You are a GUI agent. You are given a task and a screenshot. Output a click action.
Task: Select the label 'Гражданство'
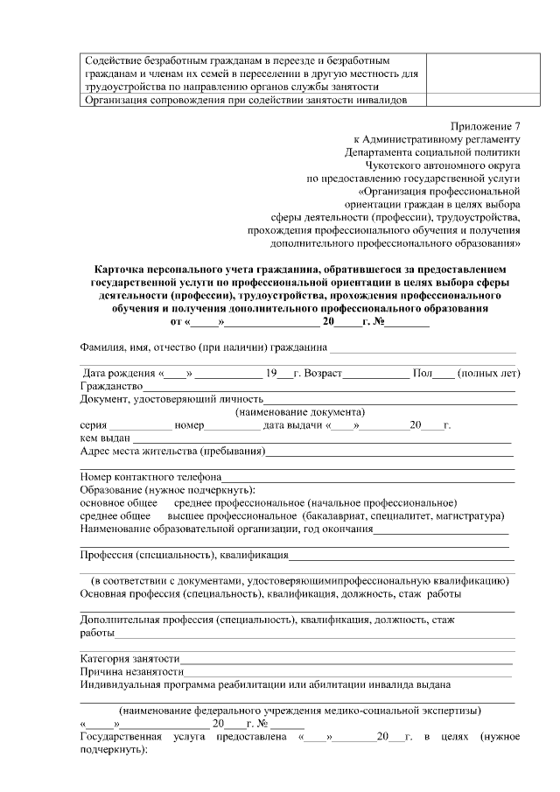point(111,387)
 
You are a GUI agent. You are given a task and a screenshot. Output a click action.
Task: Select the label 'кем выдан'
point(104,438)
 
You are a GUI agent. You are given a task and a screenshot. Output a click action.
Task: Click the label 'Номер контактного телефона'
point(150,477)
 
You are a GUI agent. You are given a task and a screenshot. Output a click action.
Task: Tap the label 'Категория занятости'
point(130,658)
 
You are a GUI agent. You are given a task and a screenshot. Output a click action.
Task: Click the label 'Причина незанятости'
point(131,671)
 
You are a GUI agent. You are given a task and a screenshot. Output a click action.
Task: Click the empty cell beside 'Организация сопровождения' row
point(468,100)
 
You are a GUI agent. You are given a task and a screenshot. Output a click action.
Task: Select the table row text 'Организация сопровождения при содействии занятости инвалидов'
point(245,100)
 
